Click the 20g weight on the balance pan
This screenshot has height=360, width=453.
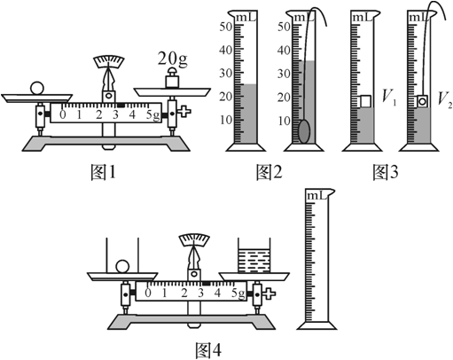coord(172,78)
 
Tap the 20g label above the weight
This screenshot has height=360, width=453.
coord(172,59)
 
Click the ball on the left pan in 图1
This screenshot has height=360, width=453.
coord(37,88)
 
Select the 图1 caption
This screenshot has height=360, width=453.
coord(103,172)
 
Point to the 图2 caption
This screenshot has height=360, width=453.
coord(269,172)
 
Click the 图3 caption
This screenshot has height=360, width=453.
coord(386,172)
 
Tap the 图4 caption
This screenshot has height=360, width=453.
coord(208,350)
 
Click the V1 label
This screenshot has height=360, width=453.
coord(389,97)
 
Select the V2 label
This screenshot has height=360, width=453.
coord(445,98)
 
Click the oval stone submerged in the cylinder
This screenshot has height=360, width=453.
coord(304,131)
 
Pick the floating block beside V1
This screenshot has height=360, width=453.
coord(365,101)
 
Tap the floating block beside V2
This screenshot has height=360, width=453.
coord(422,101)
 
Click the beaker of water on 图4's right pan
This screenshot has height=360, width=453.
coord(254,255)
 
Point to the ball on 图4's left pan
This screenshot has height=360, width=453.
coord(122,267)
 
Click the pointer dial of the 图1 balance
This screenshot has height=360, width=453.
coord(109,61)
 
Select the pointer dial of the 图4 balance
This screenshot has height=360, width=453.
coord(194,239)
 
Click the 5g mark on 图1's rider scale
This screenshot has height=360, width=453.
coord(152,115)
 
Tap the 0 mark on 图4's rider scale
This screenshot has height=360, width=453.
coord(148,293)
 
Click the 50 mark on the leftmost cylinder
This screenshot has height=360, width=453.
coord(226,27)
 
